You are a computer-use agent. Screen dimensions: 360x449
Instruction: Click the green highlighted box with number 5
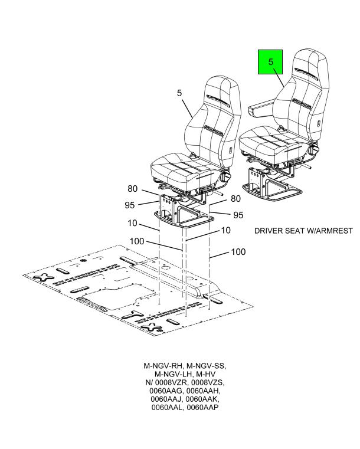pos(270,62)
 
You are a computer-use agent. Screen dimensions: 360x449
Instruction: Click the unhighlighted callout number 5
pos(179,93)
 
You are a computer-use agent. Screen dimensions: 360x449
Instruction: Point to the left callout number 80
pos(133,189)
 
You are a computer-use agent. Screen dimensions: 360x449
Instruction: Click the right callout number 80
pos(235,198)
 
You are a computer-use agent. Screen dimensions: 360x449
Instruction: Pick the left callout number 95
pos(130,205)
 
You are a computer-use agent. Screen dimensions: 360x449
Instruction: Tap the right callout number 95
pos(238,215)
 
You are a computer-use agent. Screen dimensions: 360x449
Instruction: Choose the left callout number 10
pos(132,223)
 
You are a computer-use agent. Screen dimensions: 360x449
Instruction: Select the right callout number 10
pos(226,230)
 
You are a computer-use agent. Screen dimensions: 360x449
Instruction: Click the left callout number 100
pos(137,241)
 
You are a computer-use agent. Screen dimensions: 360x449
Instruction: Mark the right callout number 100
pos(238,252)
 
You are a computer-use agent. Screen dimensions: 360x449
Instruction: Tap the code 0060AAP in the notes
pos(202,407)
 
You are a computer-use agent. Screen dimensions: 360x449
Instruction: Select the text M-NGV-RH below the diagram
pos(163,366)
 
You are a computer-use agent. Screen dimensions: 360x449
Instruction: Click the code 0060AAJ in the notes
pos(166,399)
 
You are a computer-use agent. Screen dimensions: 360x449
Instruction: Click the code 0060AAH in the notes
pos(204,391)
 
